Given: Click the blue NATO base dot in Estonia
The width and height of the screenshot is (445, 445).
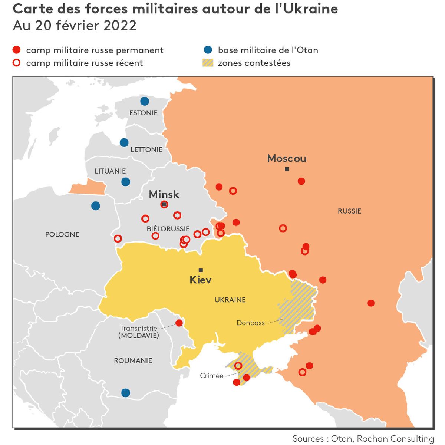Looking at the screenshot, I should click(x=145, y=101).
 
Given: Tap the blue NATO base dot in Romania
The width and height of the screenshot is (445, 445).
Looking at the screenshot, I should click(x=126, y=393).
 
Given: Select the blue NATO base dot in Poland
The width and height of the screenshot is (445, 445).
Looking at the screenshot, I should click(x=96, y=206).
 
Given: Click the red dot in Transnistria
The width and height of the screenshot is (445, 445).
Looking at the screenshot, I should click(x=179, y=323).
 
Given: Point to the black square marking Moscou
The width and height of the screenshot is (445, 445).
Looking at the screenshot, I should click(x=287, y=169).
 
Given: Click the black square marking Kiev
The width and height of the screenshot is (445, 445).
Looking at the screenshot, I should click(x=201, y=270).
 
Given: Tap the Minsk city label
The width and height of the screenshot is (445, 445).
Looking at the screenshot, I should click(x=164, y=194).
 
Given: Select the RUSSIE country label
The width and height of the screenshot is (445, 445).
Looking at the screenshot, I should click(x=349, y=211).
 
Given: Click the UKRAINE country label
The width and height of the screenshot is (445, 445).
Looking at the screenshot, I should click(x=230, y=300).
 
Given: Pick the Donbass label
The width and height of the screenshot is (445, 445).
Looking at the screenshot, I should click(x=251, y=323).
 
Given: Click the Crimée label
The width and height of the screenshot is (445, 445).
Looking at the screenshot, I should click(x=211, y=376).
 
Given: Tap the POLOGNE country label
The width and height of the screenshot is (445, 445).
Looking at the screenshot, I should click(x=62, y=234).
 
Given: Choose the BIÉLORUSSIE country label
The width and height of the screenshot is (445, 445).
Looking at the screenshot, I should click(x=168, y=229).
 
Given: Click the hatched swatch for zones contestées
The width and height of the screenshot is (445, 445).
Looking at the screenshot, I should click(x=208, y=63).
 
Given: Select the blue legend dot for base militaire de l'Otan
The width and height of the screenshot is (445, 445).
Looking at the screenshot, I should click(x=208, y=50).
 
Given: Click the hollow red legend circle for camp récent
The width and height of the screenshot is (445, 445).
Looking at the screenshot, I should click(x=16, y=63).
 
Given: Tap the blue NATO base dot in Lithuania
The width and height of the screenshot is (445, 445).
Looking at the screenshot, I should click(x=126, y=182).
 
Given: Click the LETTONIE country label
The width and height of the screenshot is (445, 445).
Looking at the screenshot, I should click(x=146, y=149).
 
